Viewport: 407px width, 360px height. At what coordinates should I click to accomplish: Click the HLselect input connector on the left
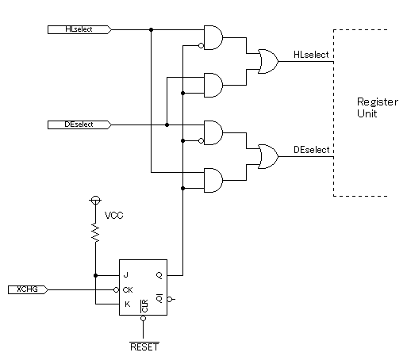[x=79, y=29]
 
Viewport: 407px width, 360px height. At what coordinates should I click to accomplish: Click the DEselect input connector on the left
[x=79, y=124]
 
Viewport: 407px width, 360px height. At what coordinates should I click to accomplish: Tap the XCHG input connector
[x=28, y=289]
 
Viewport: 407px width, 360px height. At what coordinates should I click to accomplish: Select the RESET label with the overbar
[x=144, y=347]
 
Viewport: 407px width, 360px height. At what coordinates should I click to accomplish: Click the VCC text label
[x=114, y=216]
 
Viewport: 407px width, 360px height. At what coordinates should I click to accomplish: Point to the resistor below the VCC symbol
[x=95, y=232]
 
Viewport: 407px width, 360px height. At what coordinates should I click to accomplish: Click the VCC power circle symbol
[x=95, y=200]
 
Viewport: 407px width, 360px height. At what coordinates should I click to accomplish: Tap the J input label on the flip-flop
[x=126, y=275]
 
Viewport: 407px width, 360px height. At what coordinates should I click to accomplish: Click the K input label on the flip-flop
[x=127, y=304]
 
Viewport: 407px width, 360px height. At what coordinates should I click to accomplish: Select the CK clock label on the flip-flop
[x=128, y=290]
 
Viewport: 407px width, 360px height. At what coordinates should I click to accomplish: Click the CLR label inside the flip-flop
[x=144, y=306]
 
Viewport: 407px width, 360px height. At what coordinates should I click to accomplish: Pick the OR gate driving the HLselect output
[x=268, y=61]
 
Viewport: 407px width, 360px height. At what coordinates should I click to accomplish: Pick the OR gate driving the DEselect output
[x=268, y=156]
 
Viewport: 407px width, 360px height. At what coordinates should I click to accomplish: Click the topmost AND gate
[x=213, y=37]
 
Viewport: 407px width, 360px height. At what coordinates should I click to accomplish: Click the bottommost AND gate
[x=213, y=180]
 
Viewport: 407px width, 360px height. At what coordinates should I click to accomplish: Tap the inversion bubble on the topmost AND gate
[x=201, y=46]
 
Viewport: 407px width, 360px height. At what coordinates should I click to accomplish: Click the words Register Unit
[x=378, y=108]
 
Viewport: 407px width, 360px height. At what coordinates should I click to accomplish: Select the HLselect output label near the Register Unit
[x=311, y=55]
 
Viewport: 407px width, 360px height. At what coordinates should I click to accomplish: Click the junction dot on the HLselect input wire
[x=151, y=29]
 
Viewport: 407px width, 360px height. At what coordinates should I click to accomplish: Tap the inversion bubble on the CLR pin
[x=143, y=318]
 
